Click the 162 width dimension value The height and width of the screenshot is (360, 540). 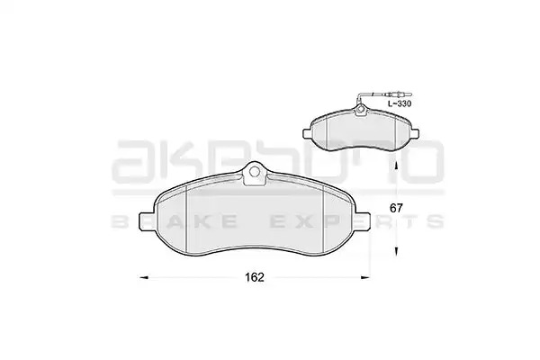tap(255, 277)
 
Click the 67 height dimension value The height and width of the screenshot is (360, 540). tap(396, 208)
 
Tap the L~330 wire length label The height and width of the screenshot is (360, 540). tap(400, 103)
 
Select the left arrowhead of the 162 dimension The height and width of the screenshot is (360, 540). tap(143, 277)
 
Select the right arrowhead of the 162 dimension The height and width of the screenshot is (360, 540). tap(364, 277)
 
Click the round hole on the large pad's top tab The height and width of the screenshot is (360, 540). tap(255, 171)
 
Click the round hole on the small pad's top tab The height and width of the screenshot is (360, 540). tap(360, 110)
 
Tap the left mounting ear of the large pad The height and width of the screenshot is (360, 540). tap(147, 221)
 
